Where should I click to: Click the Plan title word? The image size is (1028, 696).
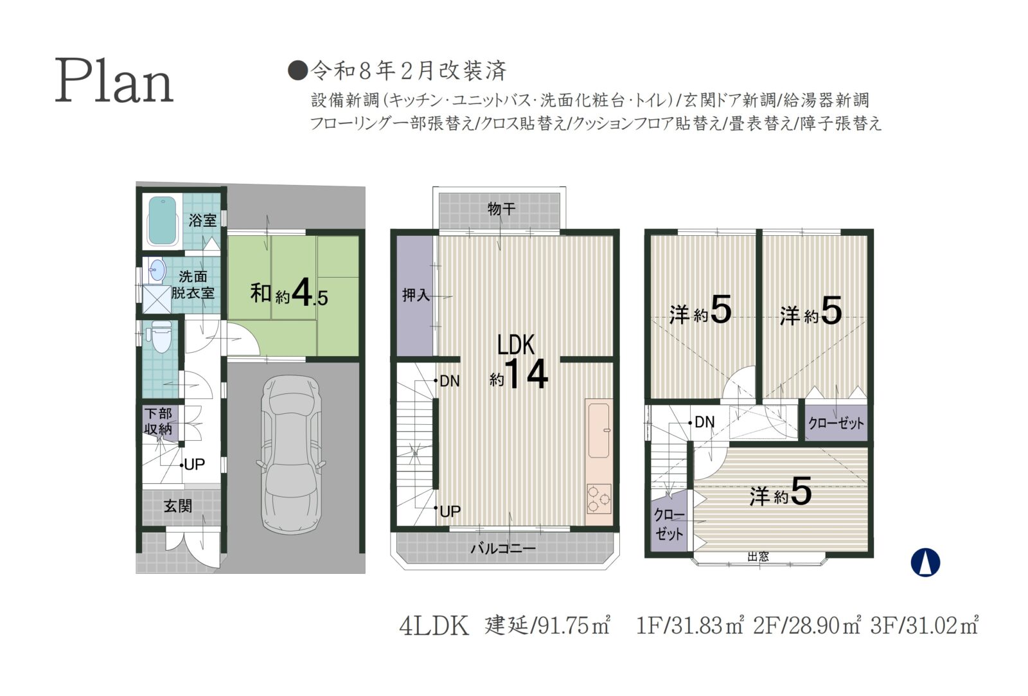pyautogui.click(x=114, y=81)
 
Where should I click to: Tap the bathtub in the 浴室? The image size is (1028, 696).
pyautogui.click(x=163, y=221)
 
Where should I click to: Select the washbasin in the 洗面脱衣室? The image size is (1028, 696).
pyautogui.click(x=157, y=270)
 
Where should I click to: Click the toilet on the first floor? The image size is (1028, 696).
pyautogui.click(x=160, y=337)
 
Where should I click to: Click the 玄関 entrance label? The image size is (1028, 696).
pyautogui.click(x=177, y=506)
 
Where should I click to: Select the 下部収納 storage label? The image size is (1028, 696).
pyautogui.click(x=158, y=421)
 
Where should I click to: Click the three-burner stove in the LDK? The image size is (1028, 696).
pyautogui.click(x=598, y=499)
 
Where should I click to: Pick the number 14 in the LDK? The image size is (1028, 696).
pyautogui.click(x=526, y=374)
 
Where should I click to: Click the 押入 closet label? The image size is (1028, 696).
pyautogui.click(x=415, y=295)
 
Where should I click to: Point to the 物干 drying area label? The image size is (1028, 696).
pyautogui.click(x=501, y=209)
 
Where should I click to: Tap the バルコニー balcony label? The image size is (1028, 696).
pyautogui.click(x=504, y=548)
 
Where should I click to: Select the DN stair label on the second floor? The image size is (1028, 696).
pyautogui.click(x=449, y=380)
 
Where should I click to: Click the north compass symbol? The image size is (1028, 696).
pyautogui.click(x=925, y=562)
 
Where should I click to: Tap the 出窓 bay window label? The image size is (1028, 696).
pyautogui.click(x=758, y=557)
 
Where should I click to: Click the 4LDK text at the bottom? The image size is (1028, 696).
pyautogui.click(x=434, y=626)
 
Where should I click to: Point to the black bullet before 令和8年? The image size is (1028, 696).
pyautogui.click(x=297, y=71)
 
